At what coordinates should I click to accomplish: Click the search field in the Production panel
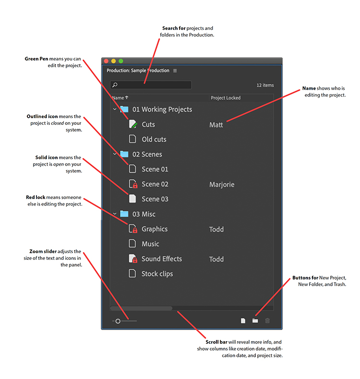click(151, 85)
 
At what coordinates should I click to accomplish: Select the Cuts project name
click(148, 124)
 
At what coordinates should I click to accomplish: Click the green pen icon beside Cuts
click(133, 124)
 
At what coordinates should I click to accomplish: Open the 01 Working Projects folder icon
click(124, 110)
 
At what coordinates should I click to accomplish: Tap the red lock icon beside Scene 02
click(135, 185)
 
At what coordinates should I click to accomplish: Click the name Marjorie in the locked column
click(222, 184)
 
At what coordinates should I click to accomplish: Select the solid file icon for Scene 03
click(132, 199)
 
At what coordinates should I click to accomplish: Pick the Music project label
click(150, 244)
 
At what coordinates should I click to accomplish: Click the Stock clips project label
click(157, 274)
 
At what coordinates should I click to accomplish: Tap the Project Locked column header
click(226, 98)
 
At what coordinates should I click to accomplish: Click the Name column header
click(118, 98)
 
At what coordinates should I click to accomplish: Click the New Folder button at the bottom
click(255, 320)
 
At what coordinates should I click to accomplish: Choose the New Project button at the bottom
click(243, 320)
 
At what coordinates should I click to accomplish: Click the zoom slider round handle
click(118, 320)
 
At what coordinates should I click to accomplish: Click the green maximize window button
click(121, 61)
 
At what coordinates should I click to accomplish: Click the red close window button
click(106, 61)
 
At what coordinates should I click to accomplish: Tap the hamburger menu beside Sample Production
click(175, 71)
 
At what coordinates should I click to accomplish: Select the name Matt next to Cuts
click(216, 125)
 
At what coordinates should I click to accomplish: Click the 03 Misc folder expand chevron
click(115, 214)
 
